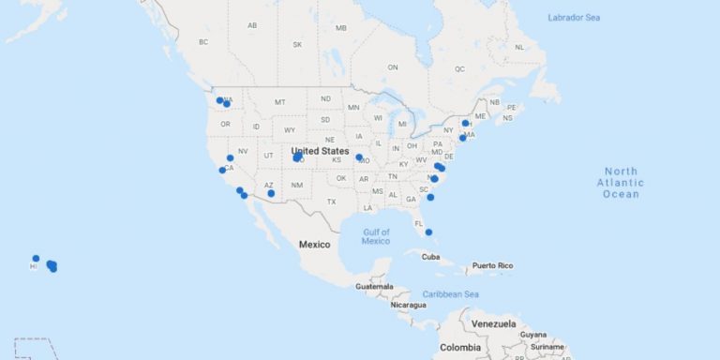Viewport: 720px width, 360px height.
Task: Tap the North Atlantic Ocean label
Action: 620,182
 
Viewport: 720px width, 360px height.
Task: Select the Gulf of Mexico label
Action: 376,235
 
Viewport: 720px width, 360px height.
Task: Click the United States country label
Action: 320,151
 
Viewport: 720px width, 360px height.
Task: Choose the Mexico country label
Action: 315,245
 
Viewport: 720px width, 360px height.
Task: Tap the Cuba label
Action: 430,257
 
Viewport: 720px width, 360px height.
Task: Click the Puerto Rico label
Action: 493,265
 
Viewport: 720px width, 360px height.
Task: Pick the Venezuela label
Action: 494,323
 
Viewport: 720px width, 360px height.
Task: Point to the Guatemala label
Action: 375,286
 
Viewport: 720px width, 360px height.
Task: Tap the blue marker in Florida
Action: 428,232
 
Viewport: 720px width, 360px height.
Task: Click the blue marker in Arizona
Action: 271,193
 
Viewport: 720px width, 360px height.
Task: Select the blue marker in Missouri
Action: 359,157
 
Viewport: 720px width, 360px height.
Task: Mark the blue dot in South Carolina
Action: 430,197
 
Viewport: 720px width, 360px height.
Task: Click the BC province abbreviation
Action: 203,42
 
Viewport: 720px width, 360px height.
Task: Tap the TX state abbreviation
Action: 331,202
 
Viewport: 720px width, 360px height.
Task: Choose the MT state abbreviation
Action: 279,101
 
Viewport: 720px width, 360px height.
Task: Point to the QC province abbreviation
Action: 460,68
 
